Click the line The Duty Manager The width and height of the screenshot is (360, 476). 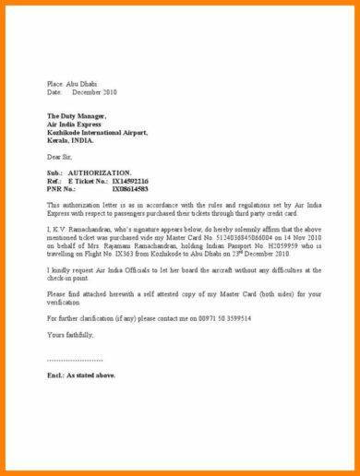pos(77,116)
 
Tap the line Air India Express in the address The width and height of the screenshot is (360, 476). pos(76,125)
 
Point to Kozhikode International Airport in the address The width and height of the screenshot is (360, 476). pos(96,133)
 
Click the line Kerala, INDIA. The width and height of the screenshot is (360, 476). pos(72,141)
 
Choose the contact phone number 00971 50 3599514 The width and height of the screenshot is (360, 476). pos(213,317)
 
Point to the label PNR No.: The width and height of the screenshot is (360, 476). pos(62,189)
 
